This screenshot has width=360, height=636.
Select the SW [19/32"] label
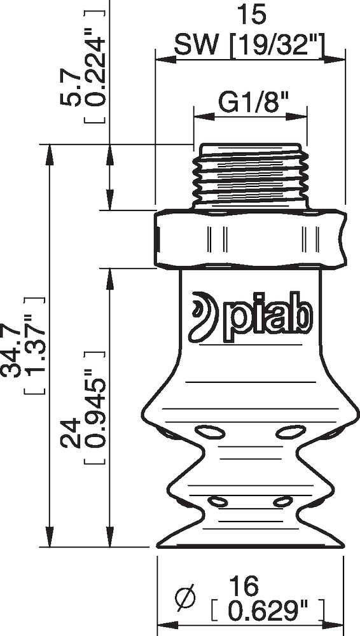point(250,46)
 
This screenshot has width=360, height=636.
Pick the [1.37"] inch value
point(34,346)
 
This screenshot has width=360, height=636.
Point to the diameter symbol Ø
point(185,598)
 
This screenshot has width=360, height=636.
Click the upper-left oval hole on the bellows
point(210,432)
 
